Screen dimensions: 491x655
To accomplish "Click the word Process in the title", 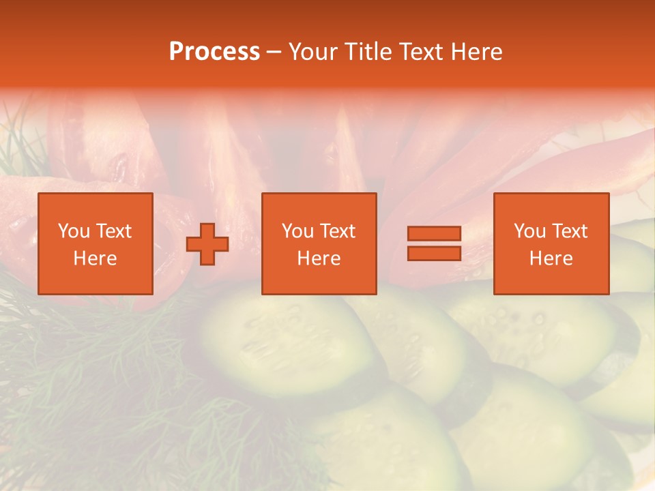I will (x=214, y=52).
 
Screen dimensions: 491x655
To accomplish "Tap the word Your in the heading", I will (x=314, y=52).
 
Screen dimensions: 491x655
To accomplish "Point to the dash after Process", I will (x=274, y=53).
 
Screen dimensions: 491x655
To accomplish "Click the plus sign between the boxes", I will (x=207, y=244).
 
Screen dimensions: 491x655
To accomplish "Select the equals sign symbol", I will (x=434, y=243).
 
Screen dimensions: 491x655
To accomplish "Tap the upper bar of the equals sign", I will (x=434, y=233).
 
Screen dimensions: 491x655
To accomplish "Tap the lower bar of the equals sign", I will (x=434, y=254).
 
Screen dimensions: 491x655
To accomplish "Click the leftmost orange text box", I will (x=96, y=243).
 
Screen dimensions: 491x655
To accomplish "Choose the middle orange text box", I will (x=319, y=243).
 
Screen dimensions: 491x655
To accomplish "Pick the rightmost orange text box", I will (x=551, y=243).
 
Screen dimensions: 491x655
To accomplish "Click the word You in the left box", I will (x=74, y=231).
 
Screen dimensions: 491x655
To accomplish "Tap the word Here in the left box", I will (x=96, y=258).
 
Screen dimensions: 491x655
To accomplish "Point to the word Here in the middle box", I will (x=319, y=258).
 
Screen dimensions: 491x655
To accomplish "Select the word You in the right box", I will (x=529, y=231).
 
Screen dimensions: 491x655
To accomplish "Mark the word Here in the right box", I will (x=551, y=258).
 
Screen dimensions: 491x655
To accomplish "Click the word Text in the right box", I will (x=569, y=231).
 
